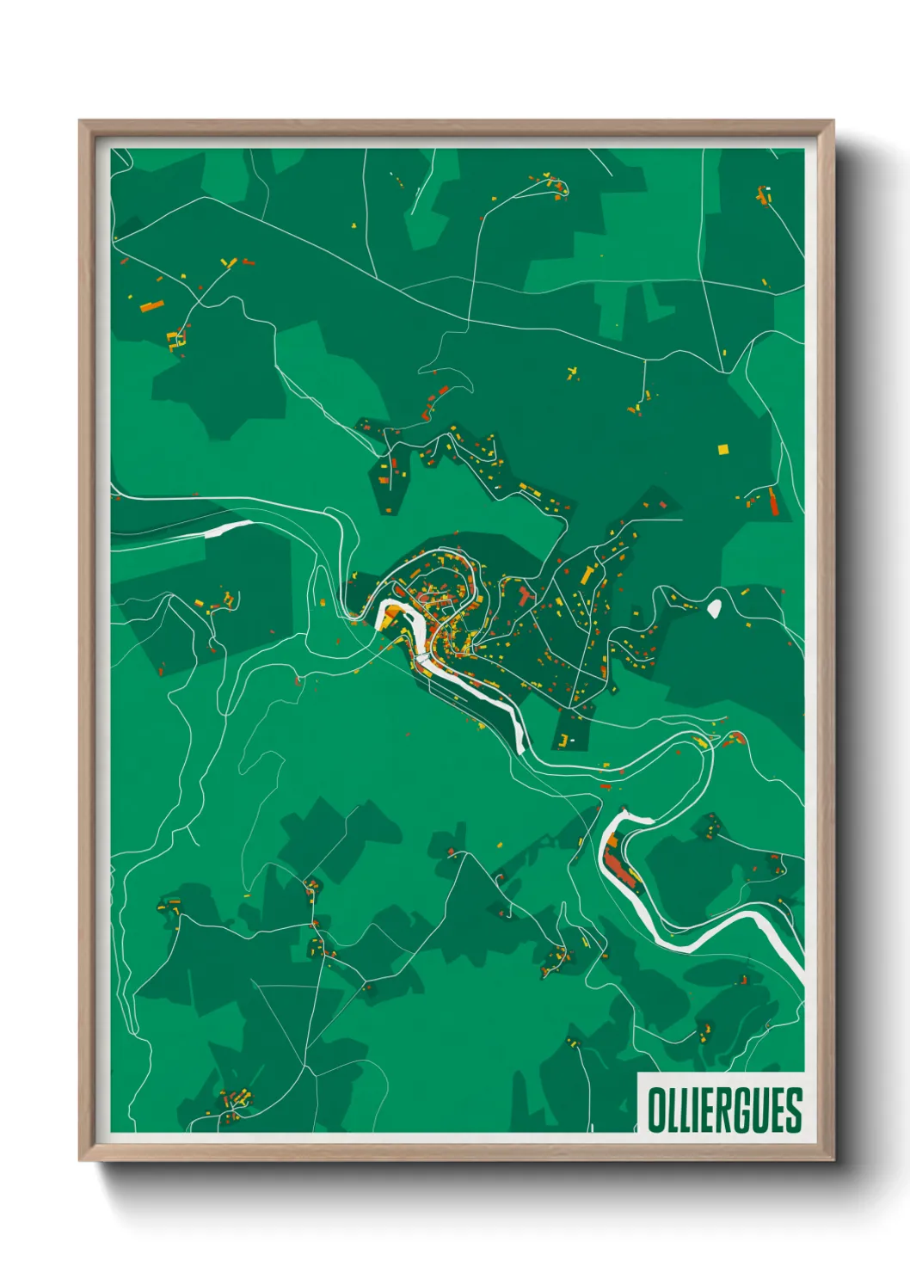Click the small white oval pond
[x=714, y=609]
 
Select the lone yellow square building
[x=722, y=448]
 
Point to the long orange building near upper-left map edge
[x=152, y=305]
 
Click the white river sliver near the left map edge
[x=225, y=527]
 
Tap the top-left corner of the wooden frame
[x=81, y=122]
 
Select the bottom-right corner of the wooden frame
[x=833, y=1159]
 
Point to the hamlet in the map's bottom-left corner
[x=234, y=1104]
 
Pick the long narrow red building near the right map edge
[x=773, y=501]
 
